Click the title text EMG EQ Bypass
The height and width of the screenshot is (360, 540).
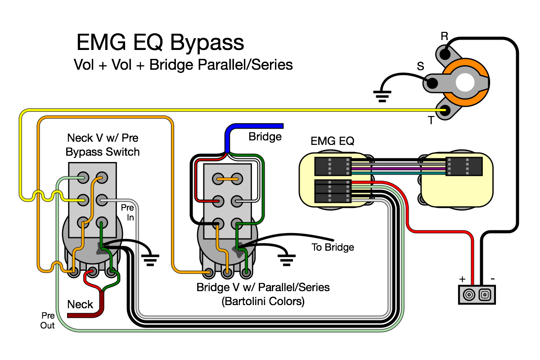click(160, 43)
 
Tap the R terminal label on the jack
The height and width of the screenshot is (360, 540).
click(444, 36)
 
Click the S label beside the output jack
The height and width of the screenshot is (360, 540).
click(420, 66)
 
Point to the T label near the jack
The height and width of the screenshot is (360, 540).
click(431, 120)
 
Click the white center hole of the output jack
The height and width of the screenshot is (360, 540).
click(465, 82)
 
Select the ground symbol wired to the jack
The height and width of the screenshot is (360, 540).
click(382, 96)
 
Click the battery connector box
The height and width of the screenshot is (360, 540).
click(477, 295)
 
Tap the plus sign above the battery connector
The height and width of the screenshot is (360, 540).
click(462, 279)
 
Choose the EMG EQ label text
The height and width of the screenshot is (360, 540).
click(332, 141)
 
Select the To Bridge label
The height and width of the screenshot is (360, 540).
click(333, 247)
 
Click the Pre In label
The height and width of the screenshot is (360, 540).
click(127, 212)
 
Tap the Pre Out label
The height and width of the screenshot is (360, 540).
click(48, 320)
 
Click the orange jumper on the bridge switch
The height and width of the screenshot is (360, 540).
click(227, 179)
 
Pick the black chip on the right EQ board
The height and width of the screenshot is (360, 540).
click(464, 166)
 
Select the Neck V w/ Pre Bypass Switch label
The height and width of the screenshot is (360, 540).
click(103, 145)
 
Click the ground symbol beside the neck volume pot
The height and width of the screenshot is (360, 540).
click(150, 260)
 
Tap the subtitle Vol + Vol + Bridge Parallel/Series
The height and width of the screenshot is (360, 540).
click(183, 65)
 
